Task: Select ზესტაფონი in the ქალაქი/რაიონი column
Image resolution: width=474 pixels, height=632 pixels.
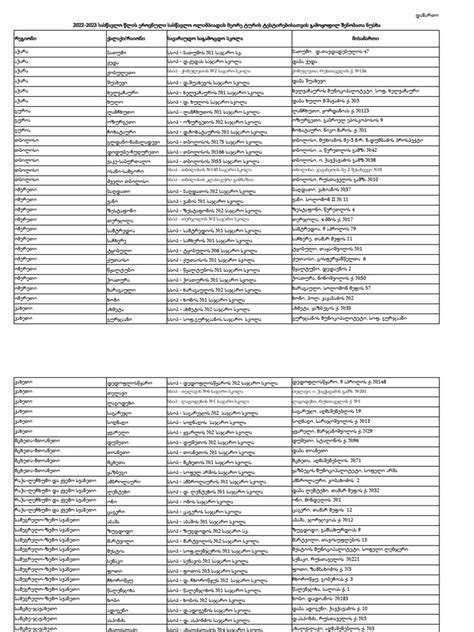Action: pos(94,190)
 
